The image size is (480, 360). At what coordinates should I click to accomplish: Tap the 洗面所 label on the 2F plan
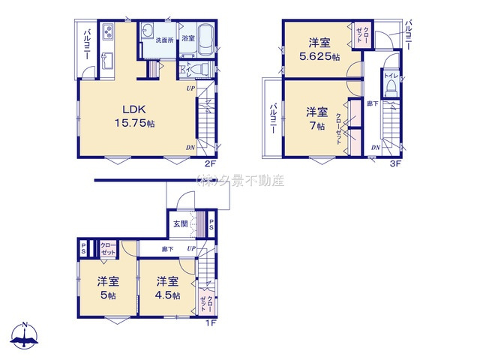(x=164, y=40)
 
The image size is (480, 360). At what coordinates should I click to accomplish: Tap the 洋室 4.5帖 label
(x=166, y=288)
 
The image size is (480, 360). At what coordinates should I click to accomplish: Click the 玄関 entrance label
(x=181, y=223)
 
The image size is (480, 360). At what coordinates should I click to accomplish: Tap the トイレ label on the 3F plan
(x=389, y=76)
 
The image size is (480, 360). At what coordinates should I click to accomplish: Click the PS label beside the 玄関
(x=212, y=223)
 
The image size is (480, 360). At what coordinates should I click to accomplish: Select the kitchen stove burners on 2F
(x=107, y=32)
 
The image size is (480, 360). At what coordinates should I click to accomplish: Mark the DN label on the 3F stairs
(x=375, y=148)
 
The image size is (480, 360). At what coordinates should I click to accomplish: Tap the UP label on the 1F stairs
(x=192, y=248)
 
